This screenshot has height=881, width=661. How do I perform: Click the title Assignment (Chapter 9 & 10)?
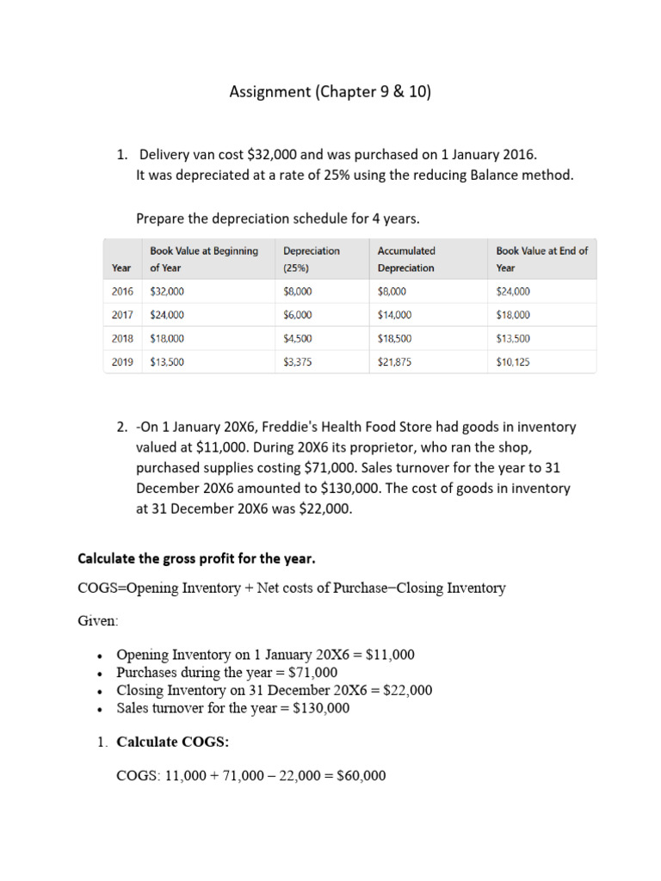[x=330, y=92]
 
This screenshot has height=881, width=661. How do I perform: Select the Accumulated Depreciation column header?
[x=406, y=259]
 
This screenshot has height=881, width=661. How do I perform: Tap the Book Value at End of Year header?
[x=541, y=259]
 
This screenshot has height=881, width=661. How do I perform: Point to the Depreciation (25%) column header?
[x=311, y=259]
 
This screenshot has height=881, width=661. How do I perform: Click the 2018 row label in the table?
[x=122, y=339]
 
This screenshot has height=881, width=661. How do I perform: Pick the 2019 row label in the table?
[x=122, y=362]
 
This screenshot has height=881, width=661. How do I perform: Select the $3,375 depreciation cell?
[x=297, y=362]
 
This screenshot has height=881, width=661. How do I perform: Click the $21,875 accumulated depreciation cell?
[x=394, y=362]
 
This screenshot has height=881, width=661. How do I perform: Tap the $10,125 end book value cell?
[x=513, y=362]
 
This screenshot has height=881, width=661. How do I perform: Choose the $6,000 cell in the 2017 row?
[x=297, y=315]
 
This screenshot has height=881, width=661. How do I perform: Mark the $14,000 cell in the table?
[x=394, y=315]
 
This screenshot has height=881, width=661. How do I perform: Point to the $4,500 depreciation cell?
[x=297, y=339]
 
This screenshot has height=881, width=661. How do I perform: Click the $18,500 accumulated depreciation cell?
[x=394, y=339]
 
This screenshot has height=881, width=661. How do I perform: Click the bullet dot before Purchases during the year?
[x=102, y=674]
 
